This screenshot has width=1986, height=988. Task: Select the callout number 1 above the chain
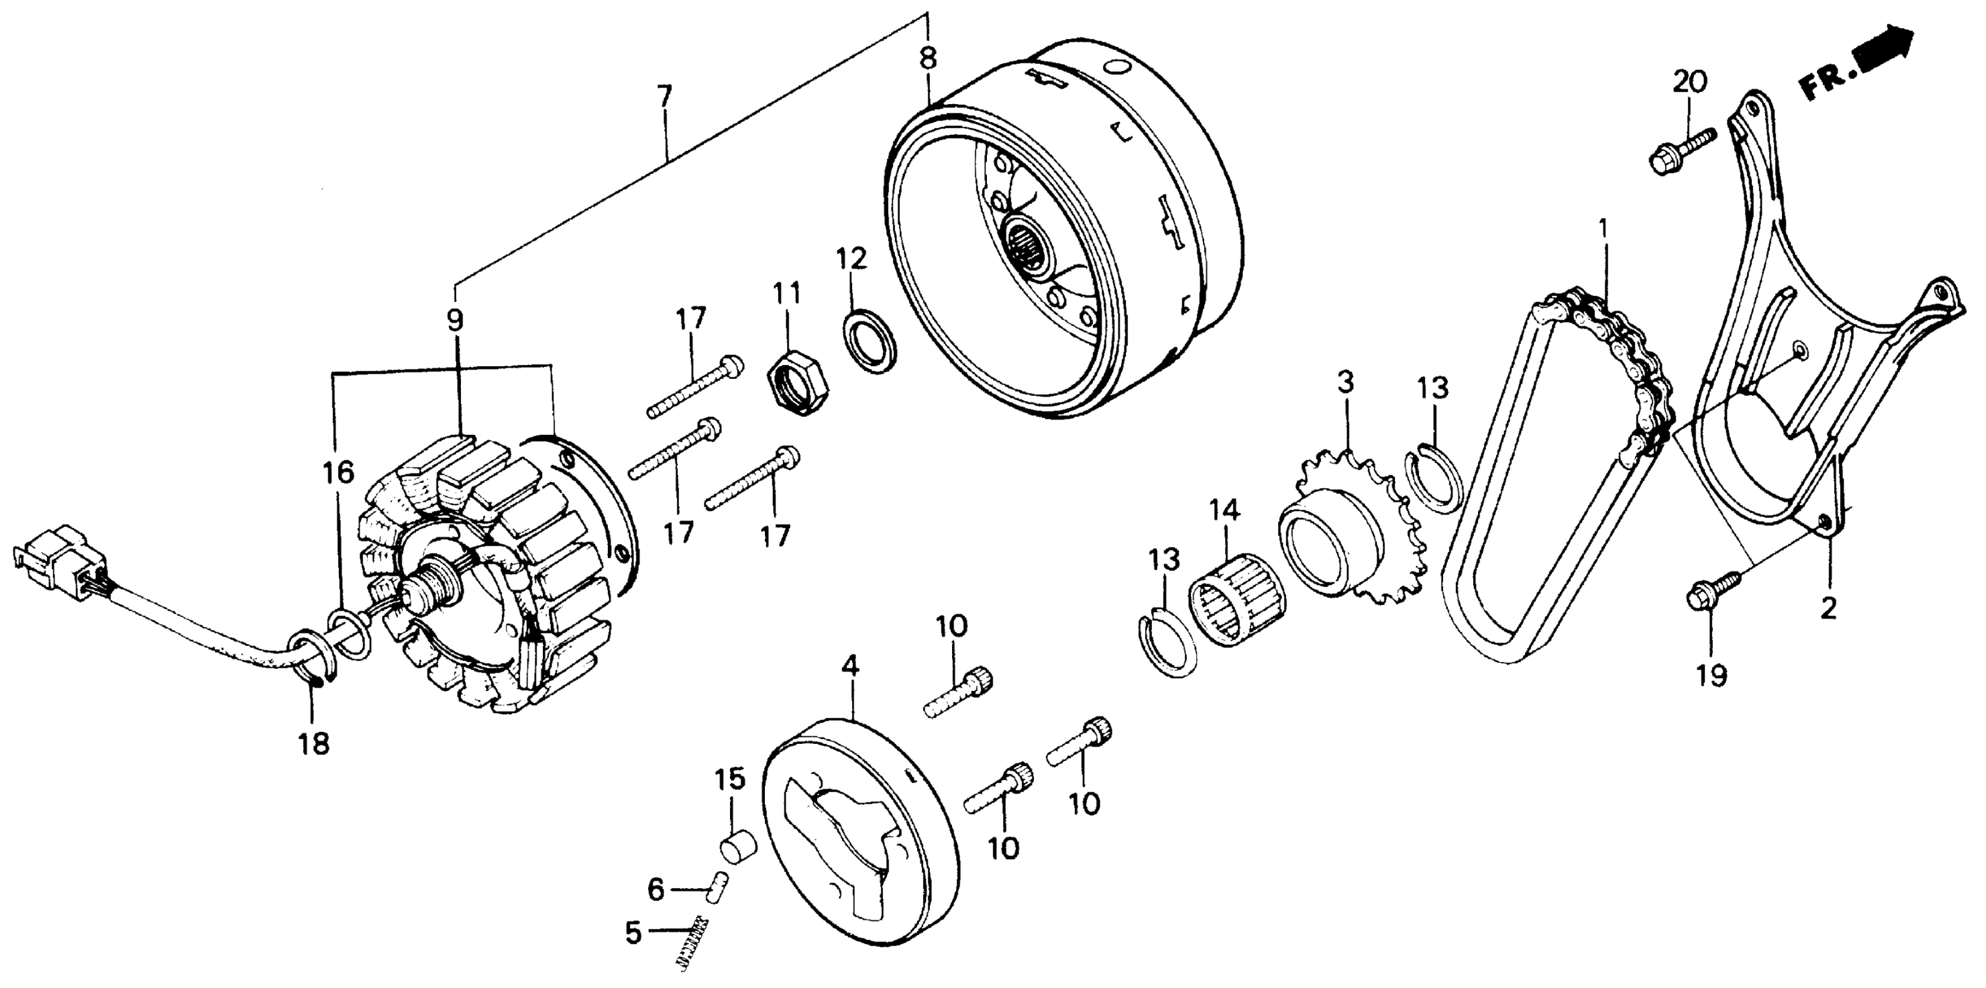pos(1604,230)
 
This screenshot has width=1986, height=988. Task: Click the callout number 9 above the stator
pos(455,320)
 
